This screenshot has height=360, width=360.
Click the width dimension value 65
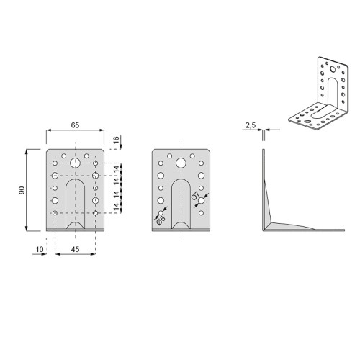click(x=76, y=125)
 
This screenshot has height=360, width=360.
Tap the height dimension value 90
click(x=22, y=190)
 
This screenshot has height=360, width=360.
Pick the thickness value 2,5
click(x=251, y=125)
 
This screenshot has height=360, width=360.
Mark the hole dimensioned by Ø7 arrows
click(x=203, y=204)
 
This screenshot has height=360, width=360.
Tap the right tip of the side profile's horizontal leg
click(x=343, y=230)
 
